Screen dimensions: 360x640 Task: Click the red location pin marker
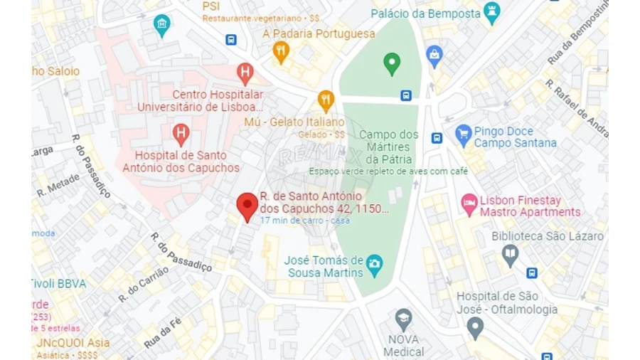tap(247, 206)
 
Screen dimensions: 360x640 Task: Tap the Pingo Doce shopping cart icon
tap(464, 132)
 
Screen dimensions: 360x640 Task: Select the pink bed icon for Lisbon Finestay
tap(469, 205)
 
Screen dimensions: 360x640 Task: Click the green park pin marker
tap(392, 63)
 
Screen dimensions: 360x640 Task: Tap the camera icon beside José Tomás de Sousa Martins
tap(374, 265)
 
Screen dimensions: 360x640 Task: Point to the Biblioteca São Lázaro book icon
tap(510, 254)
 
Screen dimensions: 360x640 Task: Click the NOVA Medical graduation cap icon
tap(403, 318)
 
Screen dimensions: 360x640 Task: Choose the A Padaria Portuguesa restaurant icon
tap(282, 51)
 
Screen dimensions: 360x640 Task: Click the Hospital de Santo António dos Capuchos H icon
tap(181, 132)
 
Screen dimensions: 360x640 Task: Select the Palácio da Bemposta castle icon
tap(491, 11)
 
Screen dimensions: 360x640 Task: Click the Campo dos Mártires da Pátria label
tap(388, 146)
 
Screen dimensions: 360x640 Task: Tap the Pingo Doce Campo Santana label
tap(515, 137)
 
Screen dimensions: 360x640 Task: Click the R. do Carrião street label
tap(143, 284)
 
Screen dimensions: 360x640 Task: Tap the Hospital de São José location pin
tap(475, 327)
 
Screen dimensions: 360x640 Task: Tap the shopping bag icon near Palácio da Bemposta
tap(434, 54)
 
